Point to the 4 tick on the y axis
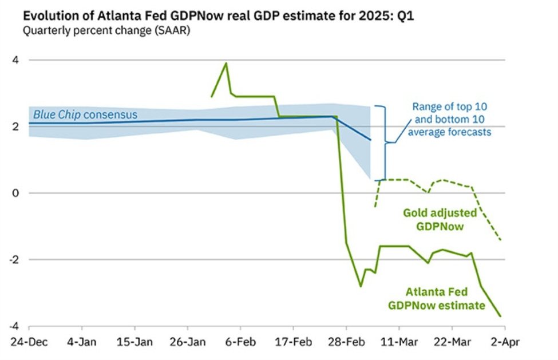pos(15,60)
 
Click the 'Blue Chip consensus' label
pos(85,114)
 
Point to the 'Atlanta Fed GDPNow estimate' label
pos(436,298)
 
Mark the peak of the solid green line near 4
pos(226,63)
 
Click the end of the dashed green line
pos(501,239)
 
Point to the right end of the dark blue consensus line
pos(370,140)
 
